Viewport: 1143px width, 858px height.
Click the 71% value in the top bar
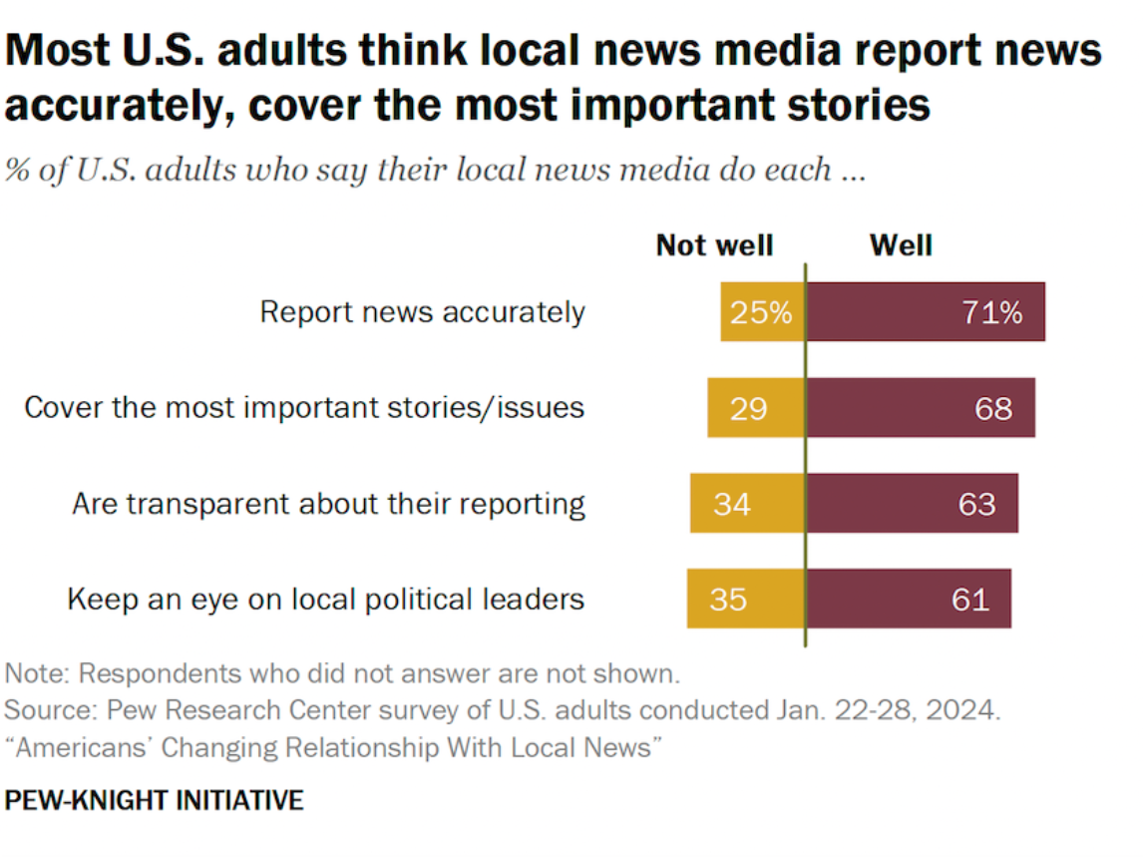pos(991,312)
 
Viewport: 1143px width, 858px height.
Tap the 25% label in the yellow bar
pos(761,312)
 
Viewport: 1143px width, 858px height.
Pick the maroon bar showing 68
pos(920,408)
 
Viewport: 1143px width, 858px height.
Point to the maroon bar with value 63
pos(912,504)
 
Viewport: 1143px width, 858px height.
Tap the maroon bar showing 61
pos(908,600)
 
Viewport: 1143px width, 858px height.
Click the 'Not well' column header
pos(714,245)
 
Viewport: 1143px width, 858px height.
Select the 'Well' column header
pos(900,245)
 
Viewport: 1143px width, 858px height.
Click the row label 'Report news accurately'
pos(422,312)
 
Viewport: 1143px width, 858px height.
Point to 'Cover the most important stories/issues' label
pos(304,408)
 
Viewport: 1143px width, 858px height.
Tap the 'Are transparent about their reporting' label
pos(328,504)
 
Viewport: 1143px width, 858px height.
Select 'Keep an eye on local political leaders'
pos(325,600)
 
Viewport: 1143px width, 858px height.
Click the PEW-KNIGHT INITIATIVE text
pos(154,800)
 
